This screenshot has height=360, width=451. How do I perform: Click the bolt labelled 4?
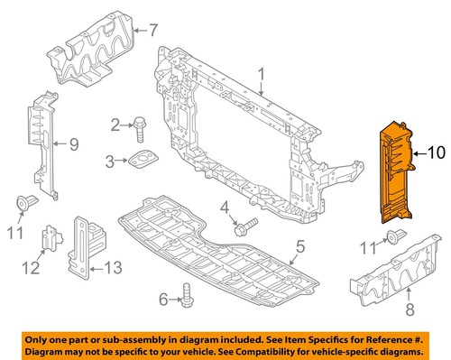point(245,224)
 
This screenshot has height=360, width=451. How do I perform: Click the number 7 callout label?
point(152,30)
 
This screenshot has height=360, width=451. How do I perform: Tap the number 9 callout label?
point(73,142)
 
